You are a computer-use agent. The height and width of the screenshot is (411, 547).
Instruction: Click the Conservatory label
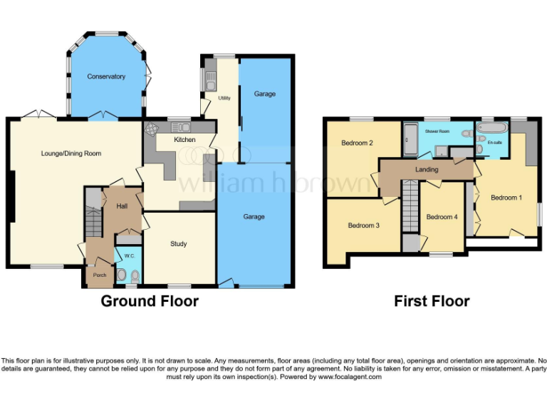(x=106, y=76)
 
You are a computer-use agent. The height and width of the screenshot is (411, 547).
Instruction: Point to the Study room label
(x=178, y=244)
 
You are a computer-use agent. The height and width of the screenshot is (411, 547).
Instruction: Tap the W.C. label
(x=130, y=255)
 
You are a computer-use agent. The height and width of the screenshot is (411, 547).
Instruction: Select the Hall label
(x=122, y=206)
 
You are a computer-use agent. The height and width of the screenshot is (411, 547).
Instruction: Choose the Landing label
(x=427, y=169)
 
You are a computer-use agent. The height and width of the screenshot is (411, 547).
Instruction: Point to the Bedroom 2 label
(x=357, y=143)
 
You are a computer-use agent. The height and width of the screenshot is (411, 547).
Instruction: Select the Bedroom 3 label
(x=363, y=225)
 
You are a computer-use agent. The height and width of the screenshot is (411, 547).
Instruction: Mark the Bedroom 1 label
(x=504, y=197)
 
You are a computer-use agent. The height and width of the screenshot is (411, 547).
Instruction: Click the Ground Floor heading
(x=150, y=301)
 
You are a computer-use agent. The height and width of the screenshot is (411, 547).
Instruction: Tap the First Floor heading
(x=432, y=301)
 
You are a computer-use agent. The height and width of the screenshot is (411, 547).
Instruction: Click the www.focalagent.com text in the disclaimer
(x=349, y=377)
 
